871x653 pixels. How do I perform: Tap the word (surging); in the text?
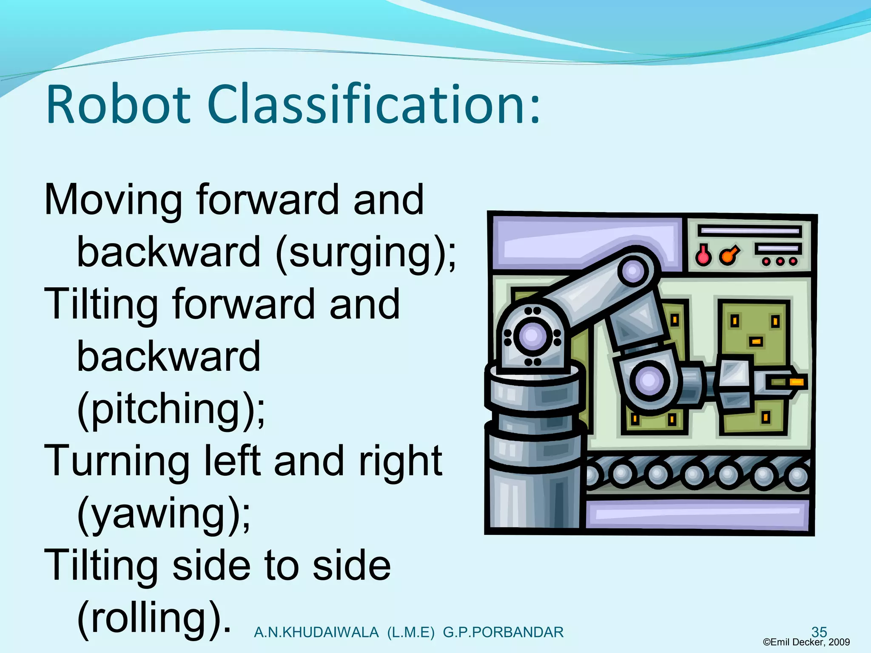pyautogui.click(x=366, y=253)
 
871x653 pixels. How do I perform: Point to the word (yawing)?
pyautogui.click(x=164, y=514)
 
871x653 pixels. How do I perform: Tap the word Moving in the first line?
pyautogui.click(x=113, y=200)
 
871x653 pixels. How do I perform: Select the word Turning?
pyautogui.click(x=117, y=462)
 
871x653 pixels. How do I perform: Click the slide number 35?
pyautogui.click(x=819, y=632)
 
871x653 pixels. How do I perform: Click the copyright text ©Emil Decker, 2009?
pyautogui.click(x=806, y=642)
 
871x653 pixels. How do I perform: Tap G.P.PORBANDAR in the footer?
pyautogui.click(x=503, y=633)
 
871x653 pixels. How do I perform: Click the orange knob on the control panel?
pyautogui.click(x=728, y=256)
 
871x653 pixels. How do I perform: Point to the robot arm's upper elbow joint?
pyautogui.click(x=633, y=271)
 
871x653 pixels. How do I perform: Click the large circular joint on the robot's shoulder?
pyautogui.click(x=532, y=337)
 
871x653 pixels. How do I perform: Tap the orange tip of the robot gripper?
pyautogui.click(x=796, y=382)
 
